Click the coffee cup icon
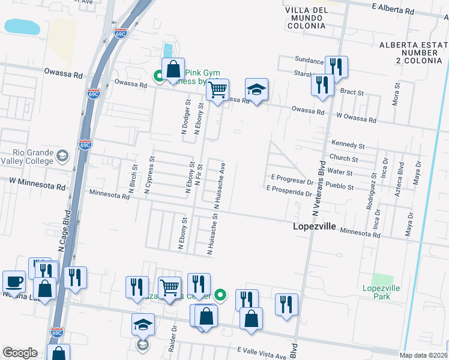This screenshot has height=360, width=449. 14,282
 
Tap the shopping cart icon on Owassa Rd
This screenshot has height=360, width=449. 217,91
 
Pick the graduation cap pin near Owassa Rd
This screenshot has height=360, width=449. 256,91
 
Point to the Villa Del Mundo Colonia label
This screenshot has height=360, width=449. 306,18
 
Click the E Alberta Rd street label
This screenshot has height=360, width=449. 393,10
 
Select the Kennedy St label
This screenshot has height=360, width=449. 348,145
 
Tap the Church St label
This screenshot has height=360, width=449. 344,159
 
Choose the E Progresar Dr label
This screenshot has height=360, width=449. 293,178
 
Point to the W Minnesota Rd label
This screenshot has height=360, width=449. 37,184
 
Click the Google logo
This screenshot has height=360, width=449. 20,353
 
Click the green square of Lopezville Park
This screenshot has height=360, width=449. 381,279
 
